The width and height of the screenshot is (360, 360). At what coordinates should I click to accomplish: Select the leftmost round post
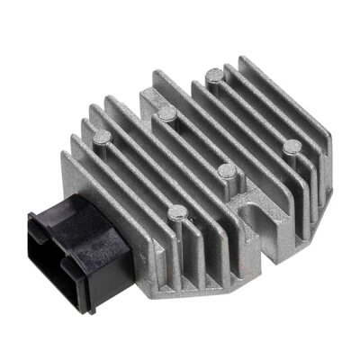point(102,138)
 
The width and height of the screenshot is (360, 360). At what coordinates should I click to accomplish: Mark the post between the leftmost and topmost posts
point(166,112)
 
